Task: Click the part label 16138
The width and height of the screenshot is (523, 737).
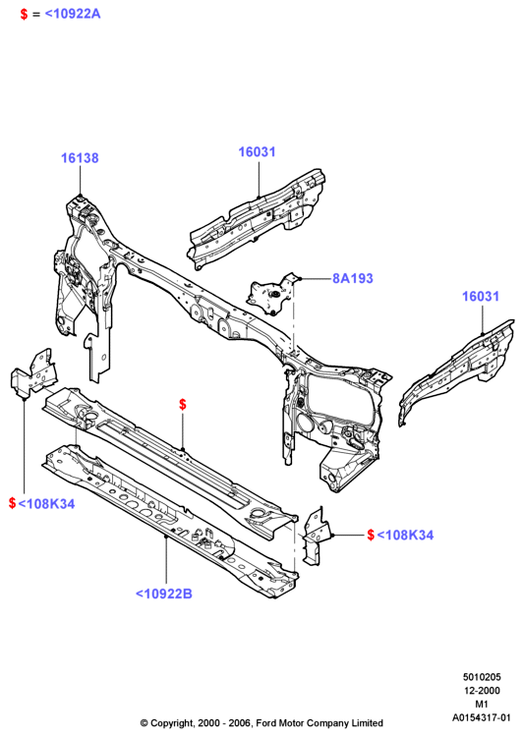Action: (x=80, y=158)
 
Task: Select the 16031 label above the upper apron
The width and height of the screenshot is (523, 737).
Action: (x=257, y=151)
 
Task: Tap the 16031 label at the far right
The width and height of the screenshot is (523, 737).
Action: (x=480, y=296)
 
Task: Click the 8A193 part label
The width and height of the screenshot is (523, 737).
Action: (x=353, y=278)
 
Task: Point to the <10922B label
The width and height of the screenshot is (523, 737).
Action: (x=163, y=594)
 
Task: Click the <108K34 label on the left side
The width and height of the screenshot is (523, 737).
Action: (x=46, y=504)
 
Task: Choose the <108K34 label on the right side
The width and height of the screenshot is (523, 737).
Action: (x=405, y=535)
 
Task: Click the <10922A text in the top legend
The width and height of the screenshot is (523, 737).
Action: (x=73, y=14)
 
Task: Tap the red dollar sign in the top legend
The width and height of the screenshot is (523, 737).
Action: (x=24, y=14)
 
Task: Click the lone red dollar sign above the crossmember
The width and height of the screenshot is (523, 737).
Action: (x=183, y=404)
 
